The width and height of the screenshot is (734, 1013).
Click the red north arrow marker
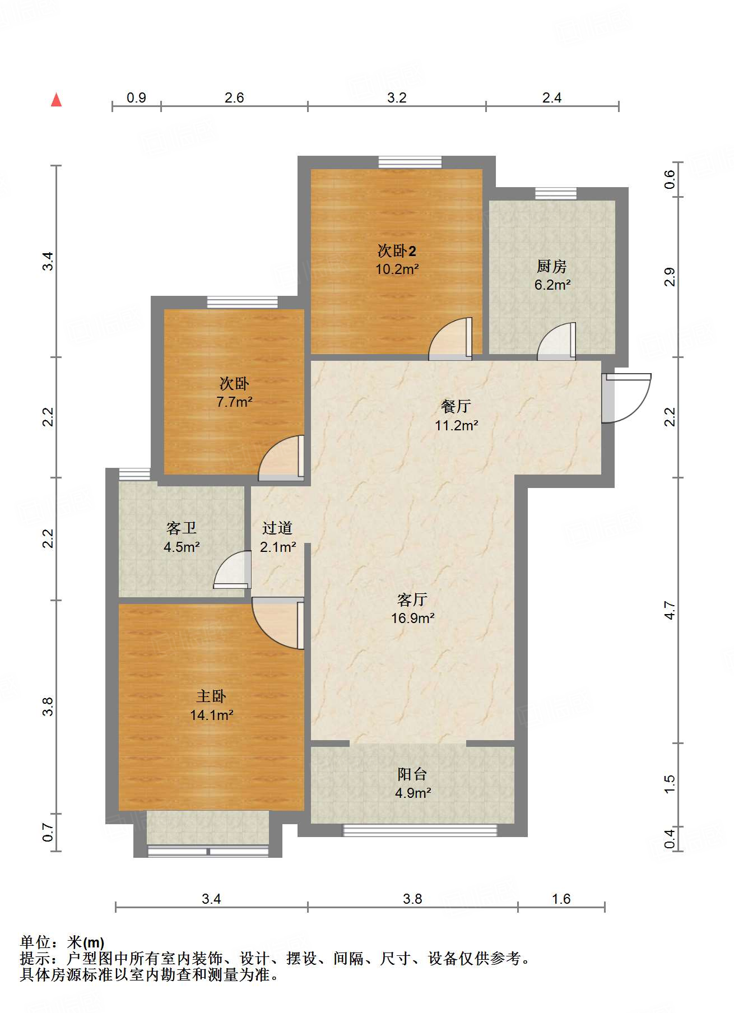(56, 100)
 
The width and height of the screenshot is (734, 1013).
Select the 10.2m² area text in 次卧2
(397, 269)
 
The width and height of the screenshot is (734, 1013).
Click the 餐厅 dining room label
(456, 406)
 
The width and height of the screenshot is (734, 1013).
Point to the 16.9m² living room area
(413, 619)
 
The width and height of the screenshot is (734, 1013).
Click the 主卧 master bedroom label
(211, 696)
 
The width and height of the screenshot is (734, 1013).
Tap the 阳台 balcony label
(412, 774)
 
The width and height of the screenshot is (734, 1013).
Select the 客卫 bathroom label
(182, 528)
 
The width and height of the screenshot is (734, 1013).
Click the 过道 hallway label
(277, 527)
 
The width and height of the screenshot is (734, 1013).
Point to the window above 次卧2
(410, 162)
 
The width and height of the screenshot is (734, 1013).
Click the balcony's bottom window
(420, 830)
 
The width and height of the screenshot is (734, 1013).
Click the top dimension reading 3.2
(397, 97)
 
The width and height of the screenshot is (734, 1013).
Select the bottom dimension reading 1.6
(561, 899)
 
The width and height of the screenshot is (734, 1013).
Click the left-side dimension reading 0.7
(48, 832)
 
